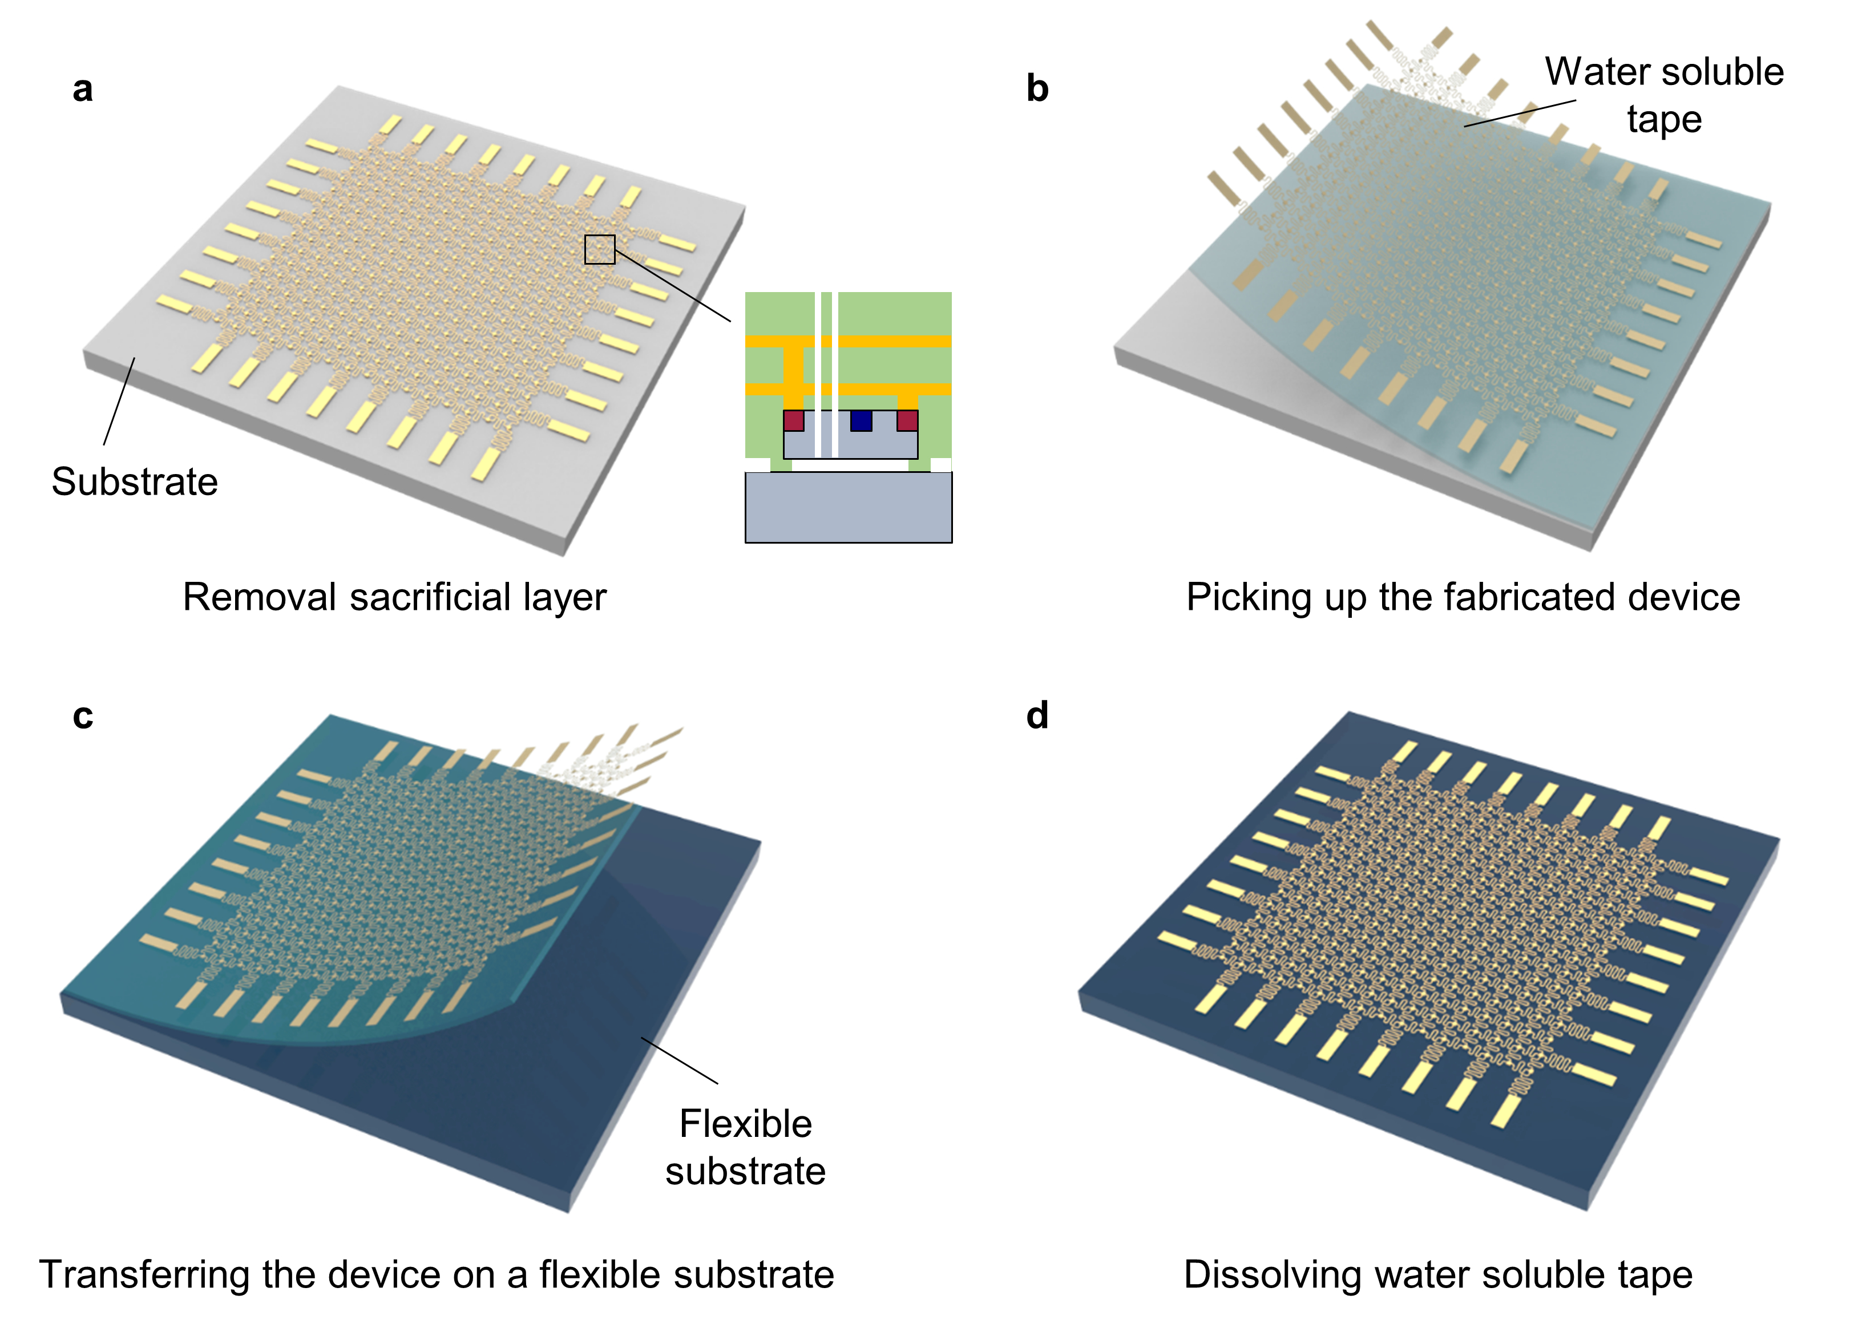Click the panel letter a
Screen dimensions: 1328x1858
pyautogui.click(x=83, y=89)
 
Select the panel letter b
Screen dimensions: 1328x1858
pyautogui.click(x=1037, y=88)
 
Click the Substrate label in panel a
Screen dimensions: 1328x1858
pyautogui.click(x=134, y=481)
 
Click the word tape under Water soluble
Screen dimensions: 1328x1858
pyautogui.click(x=1663, y=119)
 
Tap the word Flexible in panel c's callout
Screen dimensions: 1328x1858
pyautogui.click(x=745, y=1124)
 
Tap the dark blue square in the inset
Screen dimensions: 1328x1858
pyautogui.click(x=861, y=421)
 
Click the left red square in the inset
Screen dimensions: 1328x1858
pyautogui.click(x=793, y=421)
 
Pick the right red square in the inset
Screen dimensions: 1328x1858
pyautogui.click(x=907, y=421)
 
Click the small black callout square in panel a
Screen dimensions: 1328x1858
pyautogui.click(x=599, y=249)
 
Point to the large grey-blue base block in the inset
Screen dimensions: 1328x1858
pyautogui.click(x=848, y=507)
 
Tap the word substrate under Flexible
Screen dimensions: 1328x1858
pyautogui.click(x=745, y=1171)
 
